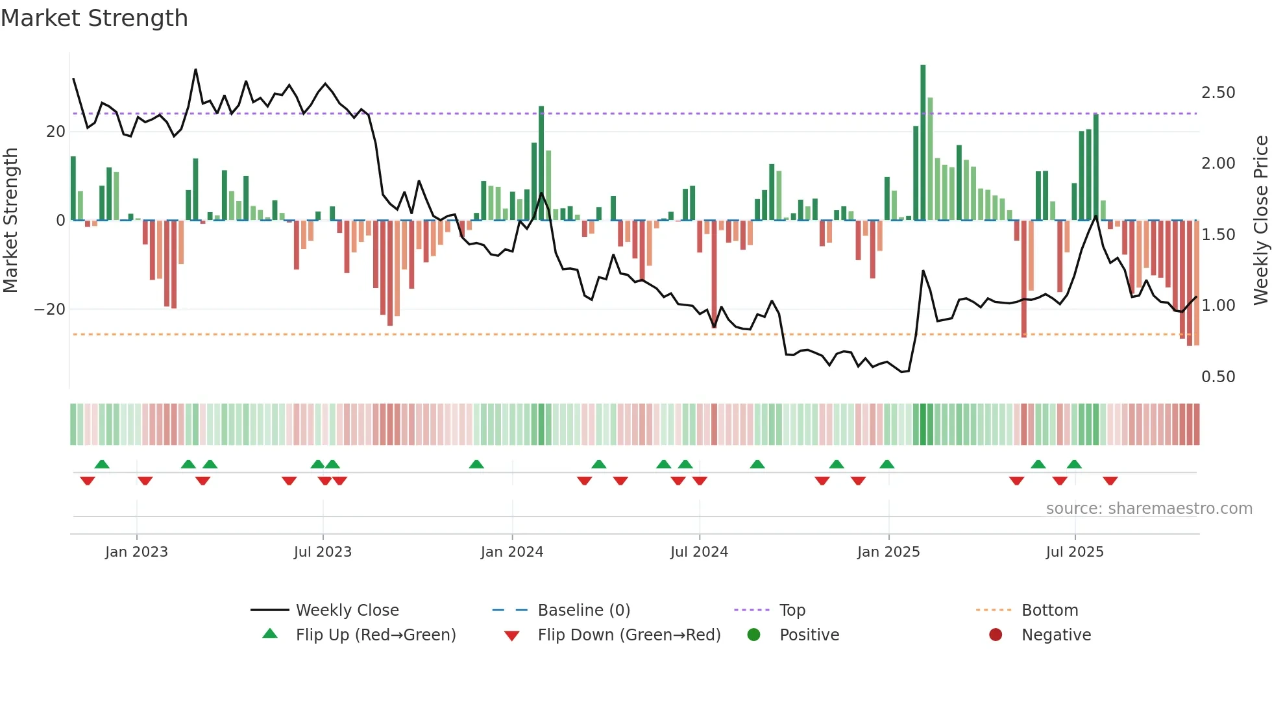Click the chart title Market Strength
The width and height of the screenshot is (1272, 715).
94,18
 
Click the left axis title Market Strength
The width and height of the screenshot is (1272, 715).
10,220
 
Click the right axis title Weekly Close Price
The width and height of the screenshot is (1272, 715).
1260,220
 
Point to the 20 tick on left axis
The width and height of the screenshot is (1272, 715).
56,132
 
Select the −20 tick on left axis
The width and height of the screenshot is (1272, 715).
50,309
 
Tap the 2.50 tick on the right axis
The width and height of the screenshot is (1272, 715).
1217,93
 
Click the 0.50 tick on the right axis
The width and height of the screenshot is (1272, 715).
1217,377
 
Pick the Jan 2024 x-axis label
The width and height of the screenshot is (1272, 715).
511,552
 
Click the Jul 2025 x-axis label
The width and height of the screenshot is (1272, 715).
1074,552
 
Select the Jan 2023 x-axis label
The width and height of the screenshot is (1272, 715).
136,552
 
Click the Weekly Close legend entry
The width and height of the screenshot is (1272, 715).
347,611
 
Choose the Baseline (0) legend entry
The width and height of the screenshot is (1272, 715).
583,611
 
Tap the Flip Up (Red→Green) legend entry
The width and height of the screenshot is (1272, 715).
375,635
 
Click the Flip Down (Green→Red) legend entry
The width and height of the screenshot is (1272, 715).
628,635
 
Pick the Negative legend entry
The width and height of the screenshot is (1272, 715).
1055,635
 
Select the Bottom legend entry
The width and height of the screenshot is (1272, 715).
1049,611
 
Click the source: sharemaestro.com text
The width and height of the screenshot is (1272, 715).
1149,509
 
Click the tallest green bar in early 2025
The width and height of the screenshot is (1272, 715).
923,143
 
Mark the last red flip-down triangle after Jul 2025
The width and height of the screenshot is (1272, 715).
1110,481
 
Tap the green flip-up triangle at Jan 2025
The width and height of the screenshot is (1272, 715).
887,464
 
